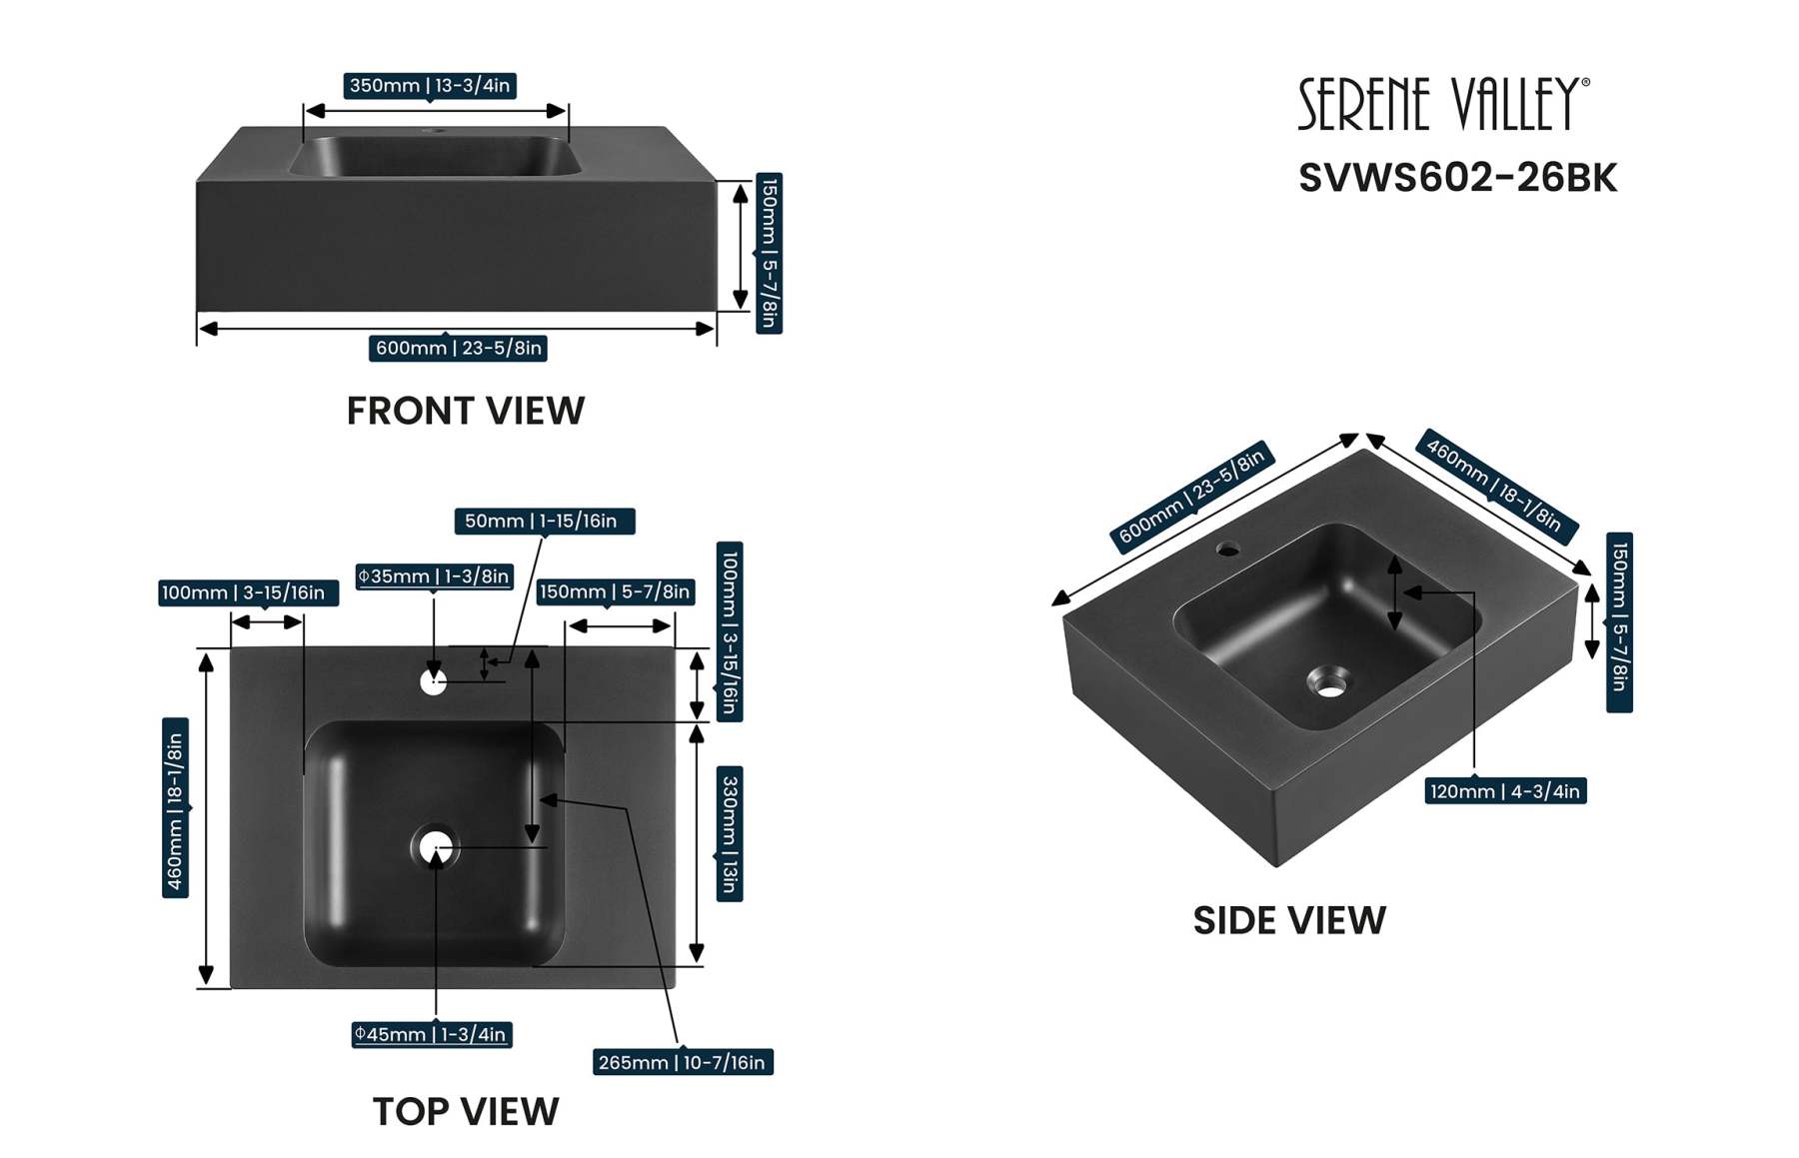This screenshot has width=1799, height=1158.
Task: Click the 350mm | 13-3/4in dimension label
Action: [430, 86]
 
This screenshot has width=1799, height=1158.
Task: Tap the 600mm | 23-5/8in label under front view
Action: [459, 348]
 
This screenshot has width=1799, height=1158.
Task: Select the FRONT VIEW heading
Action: [465, 411]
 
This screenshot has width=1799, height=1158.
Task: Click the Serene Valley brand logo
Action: [1442, 104]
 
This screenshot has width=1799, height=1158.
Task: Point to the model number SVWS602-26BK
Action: [1456, 178]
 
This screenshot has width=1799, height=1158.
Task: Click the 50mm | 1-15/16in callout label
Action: [544, 521]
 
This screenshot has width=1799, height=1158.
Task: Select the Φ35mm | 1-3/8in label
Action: [434, 577]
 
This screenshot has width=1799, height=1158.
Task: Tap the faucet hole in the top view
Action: [433, 682]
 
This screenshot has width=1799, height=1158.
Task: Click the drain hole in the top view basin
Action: [436, 848]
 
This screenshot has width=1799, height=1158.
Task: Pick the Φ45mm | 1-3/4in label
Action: [431, 1034]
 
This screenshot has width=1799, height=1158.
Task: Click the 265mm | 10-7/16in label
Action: [683, 1062]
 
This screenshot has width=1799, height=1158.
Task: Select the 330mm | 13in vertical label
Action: [730, 833]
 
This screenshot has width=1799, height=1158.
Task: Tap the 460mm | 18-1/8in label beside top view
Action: [175, 808]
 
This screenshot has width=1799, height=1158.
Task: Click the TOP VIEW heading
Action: [465, 1111]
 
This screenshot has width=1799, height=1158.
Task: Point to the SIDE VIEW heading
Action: [1288, 920]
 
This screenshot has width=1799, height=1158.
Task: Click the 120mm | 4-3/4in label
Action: [1504, 791]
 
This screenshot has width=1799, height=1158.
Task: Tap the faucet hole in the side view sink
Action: [1227, 549]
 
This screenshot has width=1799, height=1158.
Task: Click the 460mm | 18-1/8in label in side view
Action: [1494, 485]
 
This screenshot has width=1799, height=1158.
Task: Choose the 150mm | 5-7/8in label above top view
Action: [615, 591]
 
